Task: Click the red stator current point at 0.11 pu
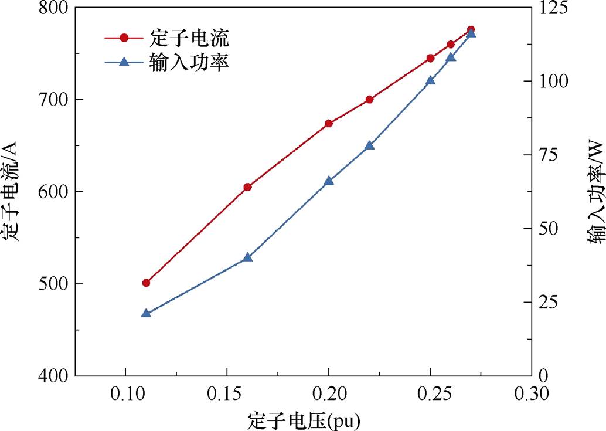click(147, 283)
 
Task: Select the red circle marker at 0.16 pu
click(247, 187)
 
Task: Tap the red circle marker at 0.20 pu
click(329, 124)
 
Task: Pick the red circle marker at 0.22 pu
click(369, 100)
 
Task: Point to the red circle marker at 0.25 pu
click(430, 58)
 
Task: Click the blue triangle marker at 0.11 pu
click(147, 313)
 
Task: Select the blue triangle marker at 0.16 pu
click(247, 257)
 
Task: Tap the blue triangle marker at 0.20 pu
click(329, 181)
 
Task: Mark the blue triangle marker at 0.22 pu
click(369, 145)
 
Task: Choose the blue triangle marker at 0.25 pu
click(430, 80)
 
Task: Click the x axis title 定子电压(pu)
click(303, 420)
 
